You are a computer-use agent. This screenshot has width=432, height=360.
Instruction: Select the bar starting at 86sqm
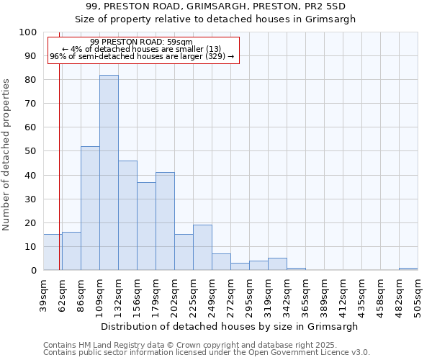(90, 208)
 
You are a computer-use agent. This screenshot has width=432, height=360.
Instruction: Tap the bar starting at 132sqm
(127, 215)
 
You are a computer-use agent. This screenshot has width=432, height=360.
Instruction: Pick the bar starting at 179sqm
(165, 221)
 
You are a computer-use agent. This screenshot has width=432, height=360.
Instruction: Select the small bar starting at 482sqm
(408, 269)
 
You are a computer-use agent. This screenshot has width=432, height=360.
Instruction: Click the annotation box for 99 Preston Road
(142, 50)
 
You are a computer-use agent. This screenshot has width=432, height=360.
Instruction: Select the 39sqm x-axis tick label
(43, 293)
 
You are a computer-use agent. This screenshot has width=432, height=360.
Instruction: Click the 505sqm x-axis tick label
(418, 293)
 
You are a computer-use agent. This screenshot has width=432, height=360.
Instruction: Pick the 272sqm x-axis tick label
(230, 293)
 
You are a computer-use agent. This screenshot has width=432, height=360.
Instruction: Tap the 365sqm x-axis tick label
(305, 293)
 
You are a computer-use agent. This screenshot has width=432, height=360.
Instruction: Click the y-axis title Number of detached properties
(6, 155)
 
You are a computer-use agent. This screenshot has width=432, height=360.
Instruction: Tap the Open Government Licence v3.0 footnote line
(207, 352)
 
